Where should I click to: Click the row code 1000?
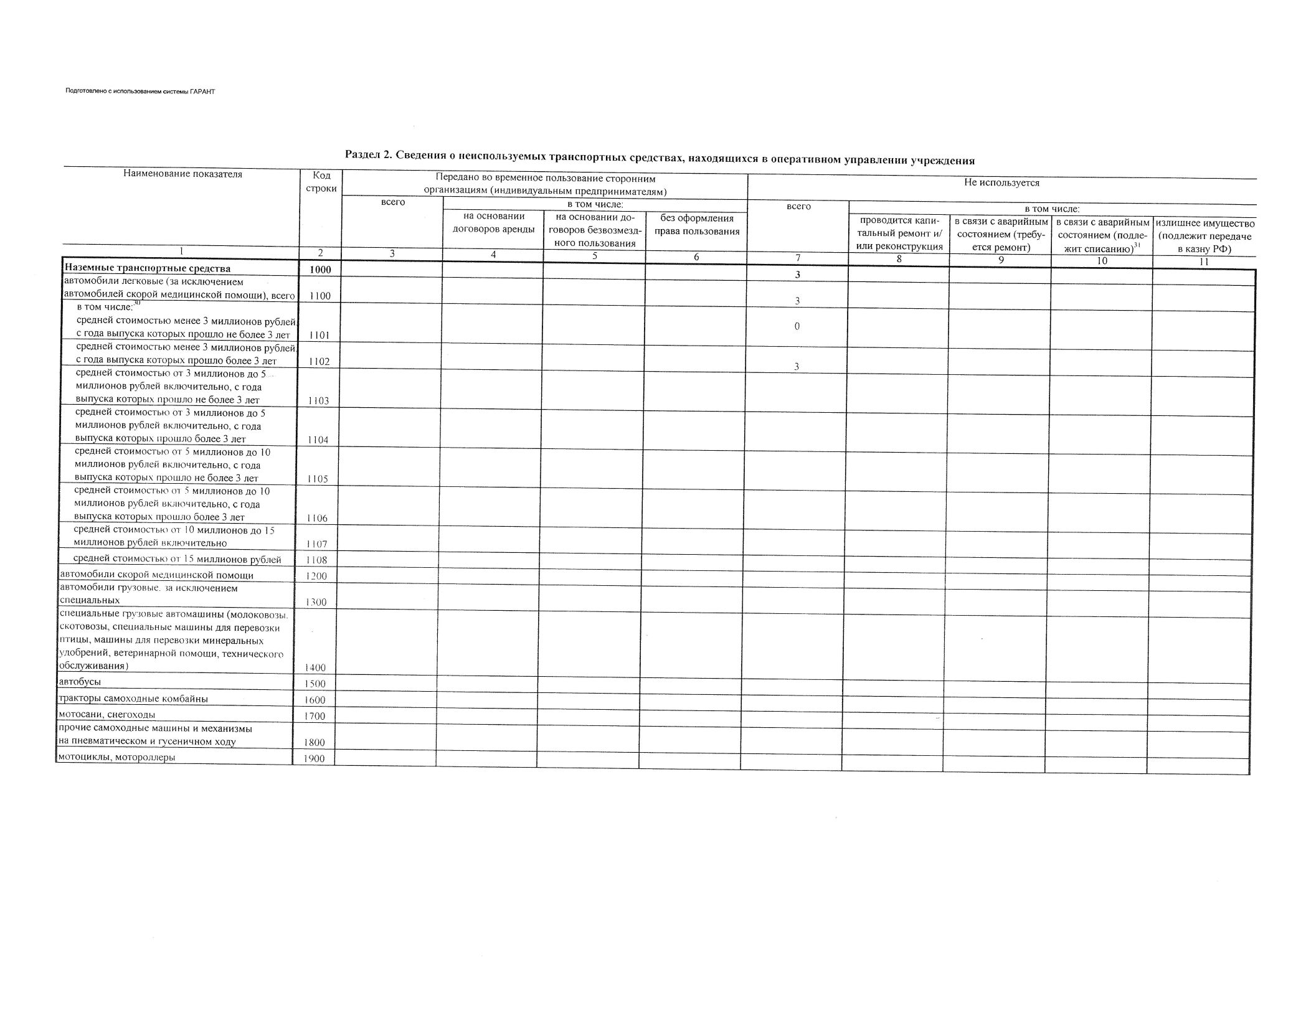tap(320, 270)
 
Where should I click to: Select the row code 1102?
tap(319, 362)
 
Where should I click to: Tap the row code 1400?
tap(315, 667)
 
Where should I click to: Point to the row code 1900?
tap(314, 759)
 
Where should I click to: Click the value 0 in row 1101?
tap(797, 326)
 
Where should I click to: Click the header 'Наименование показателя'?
tap(182, 174)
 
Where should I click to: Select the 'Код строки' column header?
tap(321, 182)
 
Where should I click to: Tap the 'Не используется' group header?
tap(1001, 183)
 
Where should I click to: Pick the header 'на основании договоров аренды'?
tap(493, 223)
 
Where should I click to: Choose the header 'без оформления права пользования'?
tap(696, 225)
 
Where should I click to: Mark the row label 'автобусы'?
tap(79, 682)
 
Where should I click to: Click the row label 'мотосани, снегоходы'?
tap(106, 714)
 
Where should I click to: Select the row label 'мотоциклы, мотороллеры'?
tap(116, 758)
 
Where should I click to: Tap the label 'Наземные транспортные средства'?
tap(148, 269)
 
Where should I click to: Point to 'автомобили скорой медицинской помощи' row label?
tap(156, 575)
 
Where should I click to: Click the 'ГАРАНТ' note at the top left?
tap(140, 92)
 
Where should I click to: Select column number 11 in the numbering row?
tap(1203, 261)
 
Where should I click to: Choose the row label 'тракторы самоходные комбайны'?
tap(133, 699)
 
